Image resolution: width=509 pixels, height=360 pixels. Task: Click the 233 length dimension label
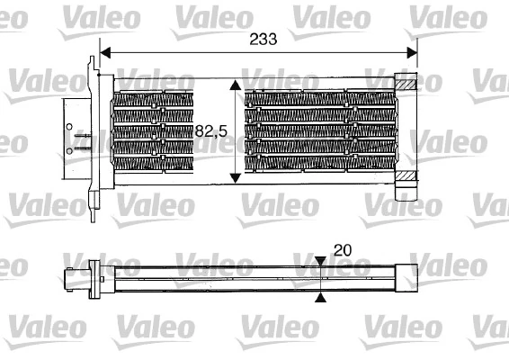258,39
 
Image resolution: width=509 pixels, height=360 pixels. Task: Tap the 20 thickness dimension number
343,249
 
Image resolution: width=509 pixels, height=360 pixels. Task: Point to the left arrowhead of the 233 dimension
105,52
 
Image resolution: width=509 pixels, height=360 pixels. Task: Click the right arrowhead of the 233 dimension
413,52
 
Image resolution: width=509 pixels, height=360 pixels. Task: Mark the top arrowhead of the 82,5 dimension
237,85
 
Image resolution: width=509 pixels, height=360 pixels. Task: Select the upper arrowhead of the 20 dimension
321,262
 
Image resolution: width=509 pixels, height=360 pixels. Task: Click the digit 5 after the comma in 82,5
220,131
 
